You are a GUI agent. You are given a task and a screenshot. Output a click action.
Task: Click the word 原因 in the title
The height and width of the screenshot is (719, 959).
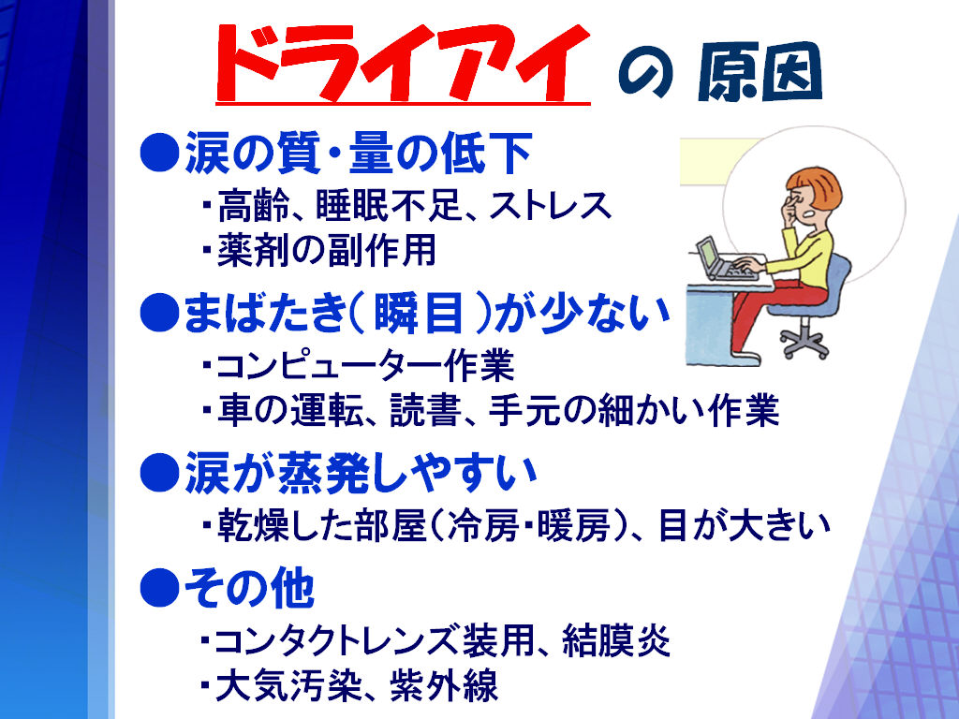pyautogui.click(x=760, y=73)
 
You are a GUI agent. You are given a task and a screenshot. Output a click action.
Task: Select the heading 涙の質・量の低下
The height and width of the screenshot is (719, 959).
pyautogui.click(x=358, y=153)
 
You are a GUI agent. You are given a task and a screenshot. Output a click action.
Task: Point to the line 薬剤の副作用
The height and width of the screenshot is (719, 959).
pyautogui.click(x=327, y=249)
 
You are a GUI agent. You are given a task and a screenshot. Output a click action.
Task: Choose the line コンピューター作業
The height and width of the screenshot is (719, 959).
pyautogui.click(x=365, y=366)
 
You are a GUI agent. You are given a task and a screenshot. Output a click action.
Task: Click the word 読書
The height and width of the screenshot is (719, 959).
pyautogui.click(x=426, y=410)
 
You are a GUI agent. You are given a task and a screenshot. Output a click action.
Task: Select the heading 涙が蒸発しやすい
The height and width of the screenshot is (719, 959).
pyautogui.click(x=361, y=473)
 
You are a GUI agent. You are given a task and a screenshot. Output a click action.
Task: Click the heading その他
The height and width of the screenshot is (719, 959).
pyautogui.click(x=249, y=588)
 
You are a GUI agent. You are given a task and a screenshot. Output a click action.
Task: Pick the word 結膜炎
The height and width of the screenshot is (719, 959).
pyautogui.click(x=616, y=639)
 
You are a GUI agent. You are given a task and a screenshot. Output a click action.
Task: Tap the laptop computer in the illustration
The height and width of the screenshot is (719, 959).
pyautogui.click(x=725, y=260)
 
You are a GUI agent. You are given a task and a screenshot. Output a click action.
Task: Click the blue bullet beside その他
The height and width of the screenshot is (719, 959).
pyautogui.click(x=159, y=588)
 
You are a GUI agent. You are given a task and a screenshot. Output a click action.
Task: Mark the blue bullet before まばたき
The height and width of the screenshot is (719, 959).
pyautogui.click(x=159, y=314)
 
